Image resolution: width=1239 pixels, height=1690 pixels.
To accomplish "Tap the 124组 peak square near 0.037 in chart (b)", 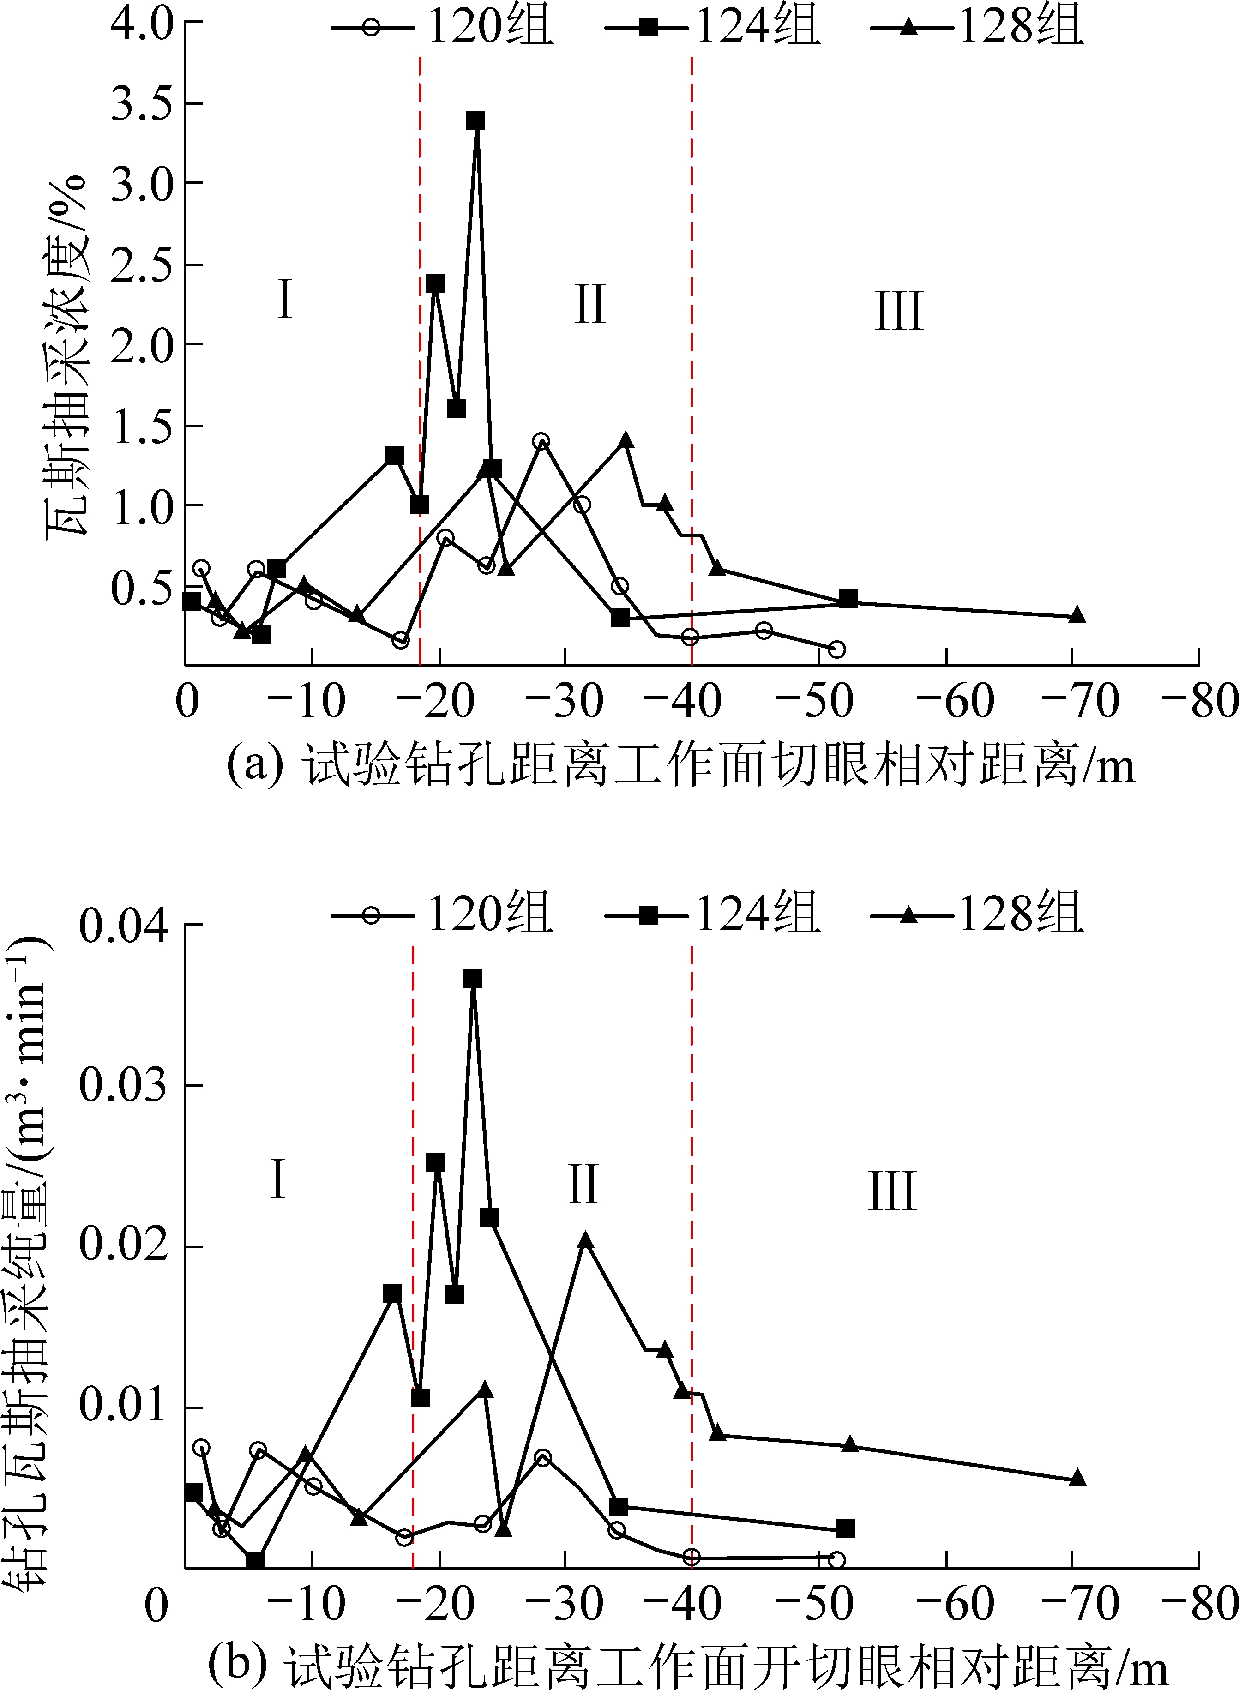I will pos(473,979).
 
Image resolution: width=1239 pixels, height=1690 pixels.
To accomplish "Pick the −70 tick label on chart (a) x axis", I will pos(1081,702).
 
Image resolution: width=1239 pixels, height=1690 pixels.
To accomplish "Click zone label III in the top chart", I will pos(898,311).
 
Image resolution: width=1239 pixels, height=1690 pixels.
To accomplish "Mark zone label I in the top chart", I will pos(284,299).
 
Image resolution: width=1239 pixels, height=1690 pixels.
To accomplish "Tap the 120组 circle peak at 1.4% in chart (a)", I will pos(541,441).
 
